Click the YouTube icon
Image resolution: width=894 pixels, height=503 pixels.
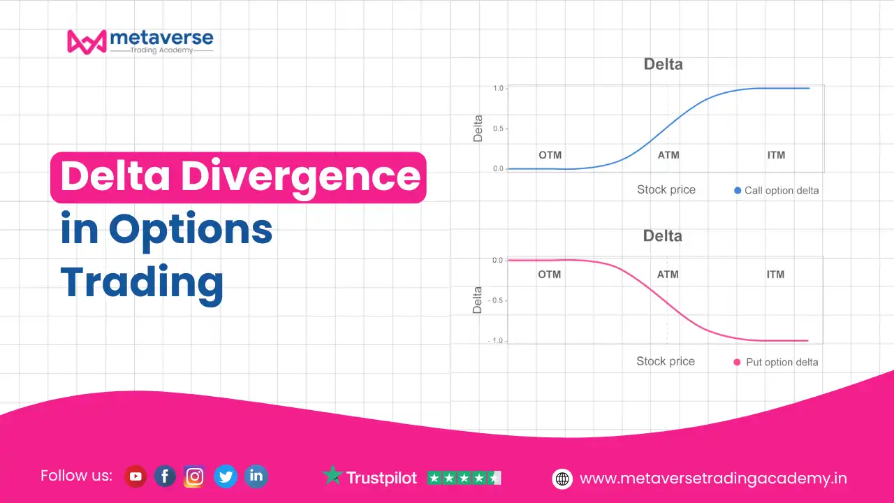click(x=135, y=476)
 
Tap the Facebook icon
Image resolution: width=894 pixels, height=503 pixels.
click(x=165, y=476)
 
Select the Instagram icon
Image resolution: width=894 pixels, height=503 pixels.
click(x=194, y=476)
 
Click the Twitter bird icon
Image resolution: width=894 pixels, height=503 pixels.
click(x=226, y=476)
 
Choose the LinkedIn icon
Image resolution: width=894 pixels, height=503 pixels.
click(x=256, y=476)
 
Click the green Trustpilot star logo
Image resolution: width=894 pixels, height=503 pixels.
click(x=332, y=474)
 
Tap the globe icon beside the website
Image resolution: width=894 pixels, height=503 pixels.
click(x=562, y=479)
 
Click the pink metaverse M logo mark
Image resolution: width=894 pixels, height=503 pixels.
click(x=87, y=42)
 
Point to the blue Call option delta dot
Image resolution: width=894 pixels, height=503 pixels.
click(x=738, y=191)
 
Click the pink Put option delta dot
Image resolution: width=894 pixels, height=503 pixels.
click(x=737, y=362)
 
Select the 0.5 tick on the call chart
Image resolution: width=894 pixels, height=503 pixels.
click(x=498, y=129)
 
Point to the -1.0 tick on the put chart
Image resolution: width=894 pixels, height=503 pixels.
click(x=496, y=340)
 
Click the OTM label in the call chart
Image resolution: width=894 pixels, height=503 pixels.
click(x=550, y=155)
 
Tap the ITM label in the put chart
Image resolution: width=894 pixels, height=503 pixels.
click(x=775, y=275)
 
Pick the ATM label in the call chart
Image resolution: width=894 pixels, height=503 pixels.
click(x=668, y=155)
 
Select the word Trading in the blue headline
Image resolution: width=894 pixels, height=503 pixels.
click(x=142, y=284)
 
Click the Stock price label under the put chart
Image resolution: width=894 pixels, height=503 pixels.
click(x=666, y=361)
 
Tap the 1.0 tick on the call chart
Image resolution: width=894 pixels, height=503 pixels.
click(x=498, y=88)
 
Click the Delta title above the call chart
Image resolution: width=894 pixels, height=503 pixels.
click(x=663, y=64)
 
